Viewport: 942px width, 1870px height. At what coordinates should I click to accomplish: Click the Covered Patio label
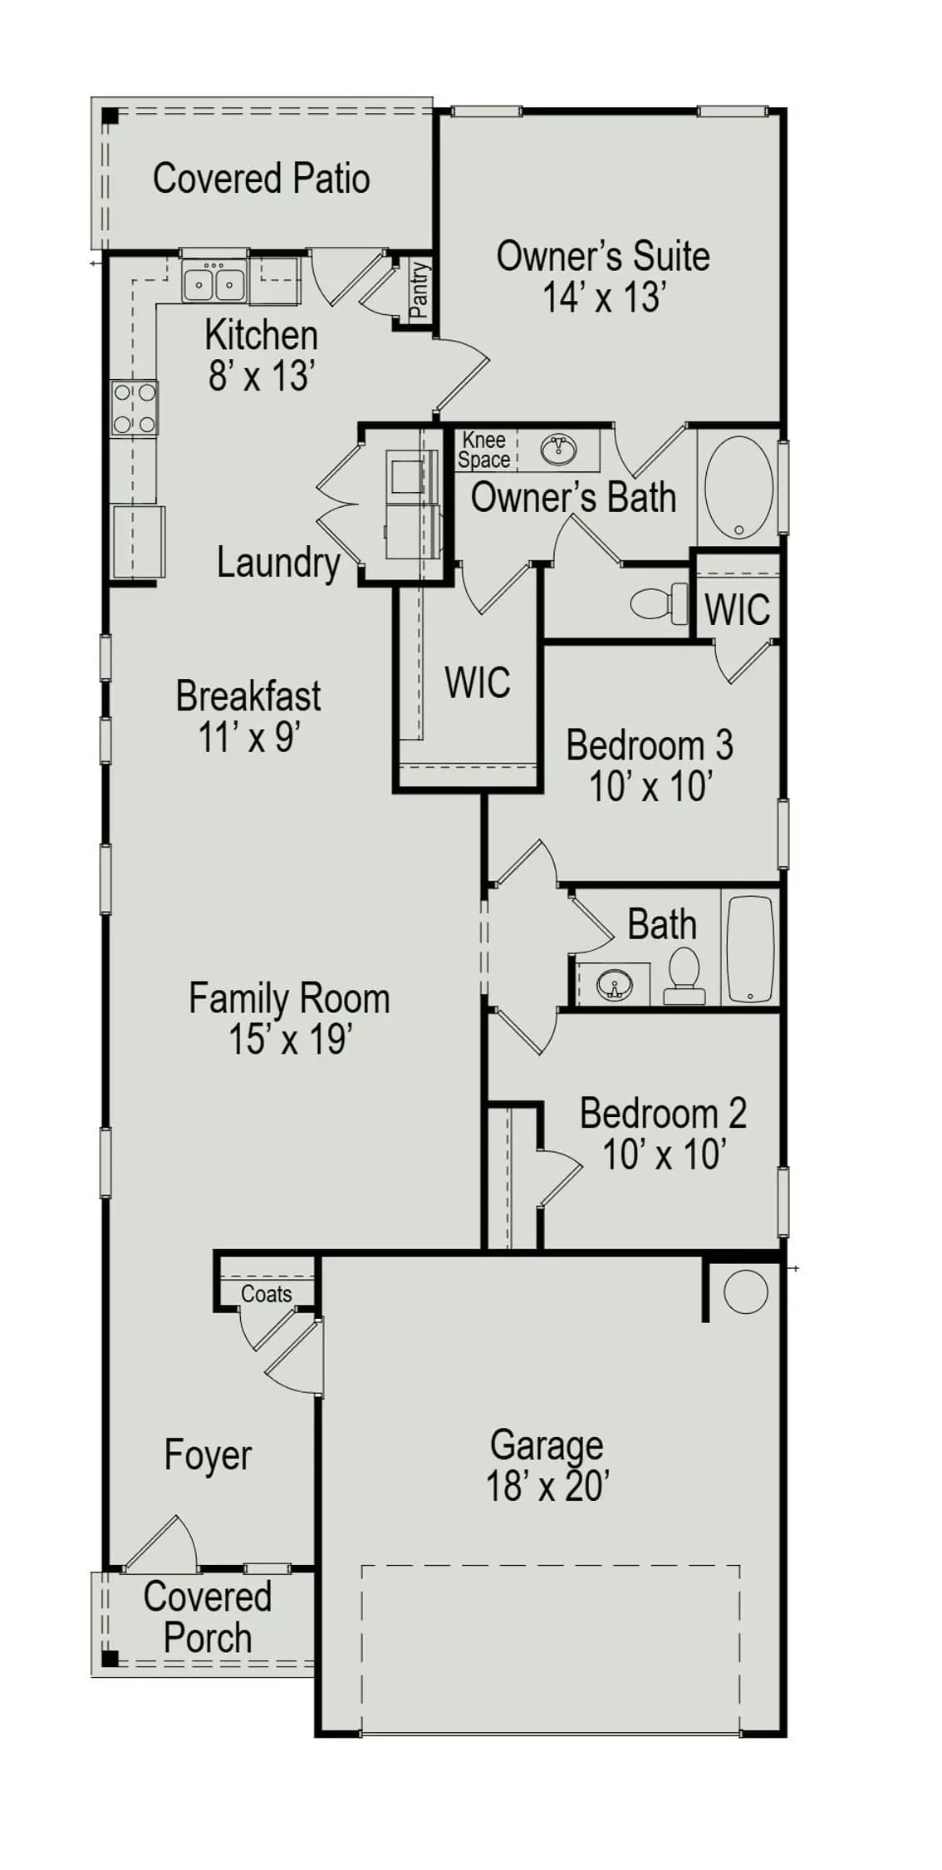coord(261,179)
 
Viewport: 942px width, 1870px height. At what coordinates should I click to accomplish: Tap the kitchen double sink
coord(214,283)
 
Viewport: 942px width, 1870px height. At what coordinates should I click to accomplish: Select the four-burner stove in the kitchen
coord(135,408)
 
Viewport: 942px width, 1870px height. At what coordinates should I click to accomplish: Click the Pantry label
coord(419,290)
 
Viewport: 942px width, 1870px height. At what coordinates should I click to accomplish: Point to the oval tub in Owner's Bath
coord(738,488)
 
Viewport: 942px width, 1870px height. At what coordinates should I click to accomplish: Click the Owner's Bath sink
coord(558,450)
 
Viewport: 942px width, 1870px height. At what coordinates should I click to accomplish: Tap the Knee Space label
coord(484,450)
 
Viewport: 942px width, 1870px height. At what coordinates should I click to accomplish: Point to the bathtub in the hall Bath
coord(751,949)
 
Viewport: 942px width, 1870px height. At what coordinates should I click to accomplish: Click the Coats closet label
coord(267,1294)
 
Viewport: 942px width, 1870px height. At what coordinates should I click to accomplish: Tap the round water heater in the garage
coord(745,1292)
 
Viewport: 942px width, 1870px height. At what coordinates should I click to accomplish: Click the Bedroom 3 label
coord(650,745)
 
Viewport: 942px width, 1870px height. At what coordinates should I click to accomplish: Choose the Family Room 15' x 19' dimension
coord(291,1039)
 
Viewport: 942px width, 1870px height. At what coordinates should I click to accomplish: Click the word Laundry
coord(278,563)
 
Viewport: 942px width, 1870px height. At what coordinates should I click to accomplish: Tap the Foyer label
coord(208,1455)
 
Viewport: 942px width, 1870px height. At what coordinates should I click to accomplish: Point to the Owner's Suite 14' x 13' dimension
coord(605,297)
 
